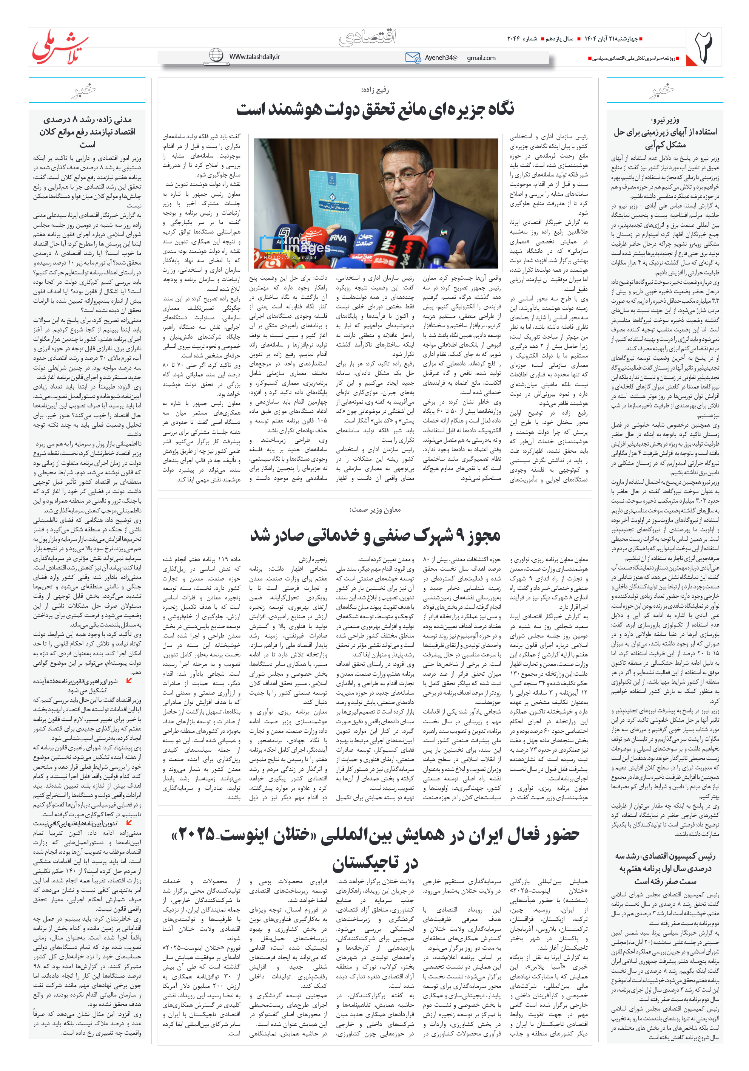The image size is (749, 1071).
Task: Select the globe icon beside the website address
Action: pos(216,55)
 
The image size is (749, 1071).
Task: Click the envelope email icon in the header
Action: pos(413,57)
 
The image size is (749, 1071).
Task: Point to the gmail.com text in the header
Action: pos(481,58)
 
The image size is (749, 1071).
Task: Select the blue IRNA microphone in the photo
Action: pos(338,239)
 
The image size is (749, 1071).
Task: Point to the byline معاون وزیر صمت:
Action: pos(375,510)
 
